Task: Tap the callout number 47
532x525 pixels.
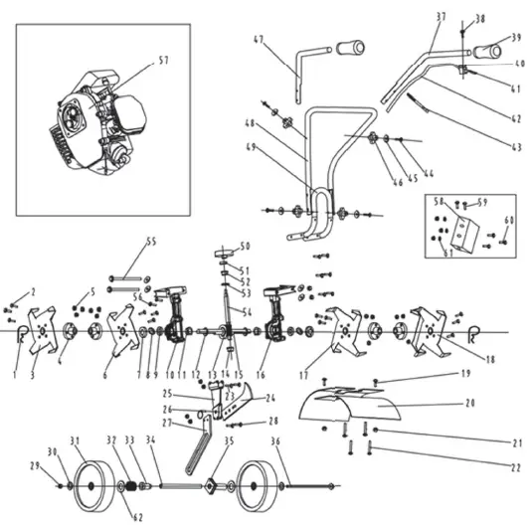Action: click(x=260, y=40)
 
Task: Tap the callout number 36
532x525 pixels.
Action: click(x=275, y=442)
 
